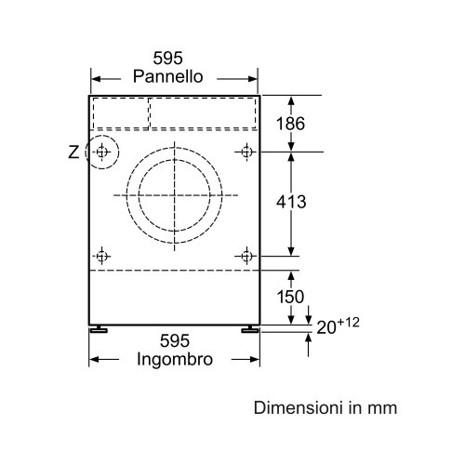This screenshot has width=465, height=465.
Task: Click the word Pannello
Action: click(168, 76)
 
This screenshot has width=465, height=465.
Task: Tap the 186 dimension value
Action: click(290, 124)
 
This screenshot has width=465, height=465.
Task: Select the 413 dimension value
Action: click(291, 202)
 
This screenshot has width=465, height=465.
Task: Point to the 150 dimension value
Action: click(290, 297)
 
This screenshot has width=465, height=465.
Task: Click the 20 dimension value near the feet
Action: click(326, 327)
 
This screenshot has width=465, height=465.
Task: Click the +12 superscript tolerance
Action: click(348, 323)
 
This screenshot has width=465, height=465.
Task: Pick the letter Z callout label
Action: click(73, 153)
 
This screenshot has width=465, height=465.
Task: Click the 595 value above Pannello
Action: click(168, 58)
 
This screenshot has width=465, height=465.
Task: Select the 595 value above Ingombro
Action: click(175, 341)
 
